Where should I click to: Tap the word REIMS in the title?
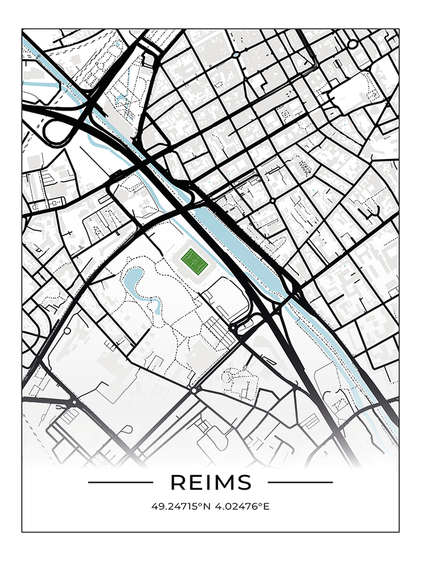pos(210,482)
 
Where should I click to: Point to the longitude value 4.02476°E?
pos(241,506)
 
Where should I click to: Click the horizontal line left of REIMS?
pos(120,482)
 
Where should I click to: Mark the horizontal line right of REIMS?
pos(300,482)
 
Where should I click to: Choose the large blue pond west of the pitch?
pos(134,279)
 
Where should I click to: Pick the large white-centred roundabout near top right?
pos(352,44)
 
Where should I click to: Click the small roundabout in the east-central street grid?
pos(272,200)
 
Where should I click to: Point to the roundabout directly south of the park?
pos(193,391)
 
